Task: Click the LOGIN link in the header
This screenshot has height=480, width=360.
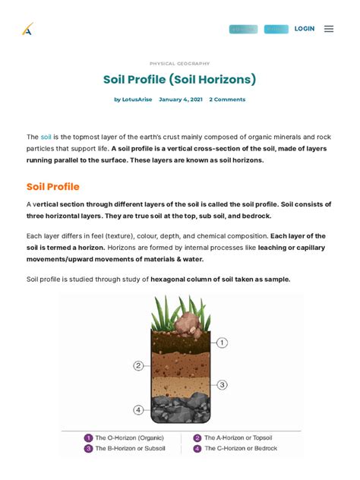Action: pyautogui.click(x=305, y=29)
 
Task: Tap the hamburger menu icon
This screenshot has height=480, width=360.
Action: pyautogui.click(x=329, y=29)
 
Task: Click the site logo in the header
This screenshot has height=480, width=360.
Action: pyautogui.click(x=28, y=30)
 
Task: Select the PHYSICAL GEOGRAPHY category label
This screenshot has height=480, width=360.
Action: pyautogui.click(x=180, y=64)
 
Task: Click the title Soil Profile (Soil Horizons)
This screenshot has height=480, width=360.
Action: pyautogui.click(x=180, y=80)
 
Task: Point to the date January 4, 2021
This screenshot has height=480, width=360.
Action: pyautogui.click(x=181, y=99)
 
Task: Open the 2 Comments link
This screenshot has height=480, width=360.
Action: pyautogui.click(x=227, y=99)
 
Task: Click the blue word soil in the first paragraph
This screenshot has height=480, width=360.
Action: pyautogui.click(x=46, y=136)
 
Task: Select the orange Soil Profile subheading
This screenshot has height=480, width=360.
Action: pyautogui.click(x=53, y=187)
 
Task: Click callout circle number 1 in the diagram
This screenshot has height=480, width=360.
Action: pyautogui.click(x=222, y=343)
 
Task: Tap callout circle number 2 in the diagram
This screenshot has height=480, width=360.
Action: pyautogui.click(x=138, y=365)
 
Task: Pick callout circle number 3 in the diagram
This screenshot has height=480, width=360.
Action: pyautogui.click(x=222, y=385)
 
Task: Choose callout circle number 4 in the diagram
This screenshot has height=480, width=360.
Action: pyautogui.click(x=138, y=409)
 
